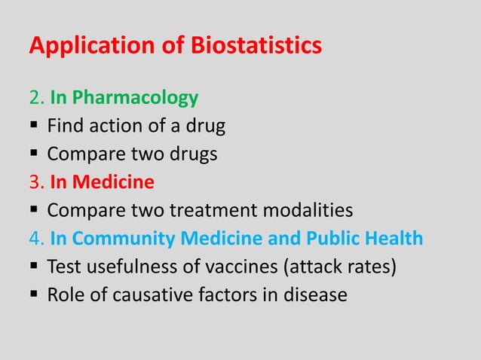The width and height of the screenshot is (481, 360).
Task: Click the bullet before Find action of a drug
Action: click(34, 127)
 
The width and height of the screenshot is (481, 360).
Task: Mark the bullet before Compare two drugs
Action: click(34, 154)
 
